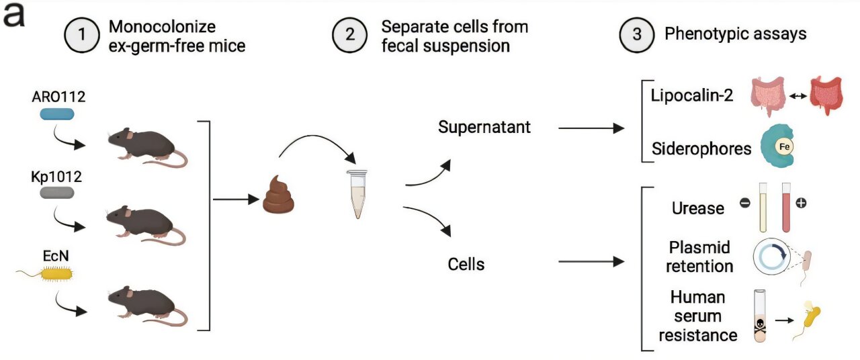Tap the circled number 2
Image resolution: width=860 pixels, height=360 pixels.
tap(350, 36)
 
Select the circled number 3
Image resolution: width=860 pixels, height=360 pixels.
tap(635, 36)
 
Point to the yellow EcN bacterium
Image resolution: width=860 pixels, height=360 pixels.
tap(57, 273)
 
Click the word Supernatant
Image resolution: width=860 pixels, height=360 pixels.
tap(484, 127)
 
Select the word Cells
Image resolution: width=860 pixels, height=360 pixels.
tap(466, 264)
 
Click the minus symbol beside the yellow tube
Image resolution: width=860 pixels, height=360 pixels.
tap(744, 202)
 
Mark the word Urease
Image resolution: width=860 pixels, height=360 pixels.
tap(698, 208)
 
